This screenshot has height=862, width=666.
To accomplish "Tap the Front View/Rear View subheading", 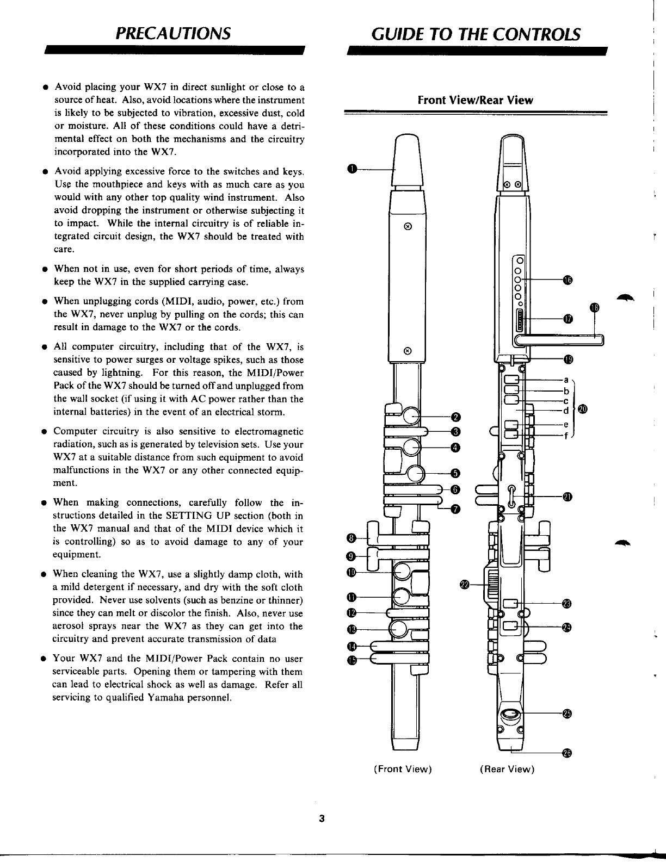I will [475, 101].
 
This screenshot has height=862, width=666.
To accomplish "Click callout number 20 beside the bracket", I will [583, 409].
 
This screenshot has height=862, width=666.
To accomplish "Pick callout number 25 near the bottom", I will [567, 714].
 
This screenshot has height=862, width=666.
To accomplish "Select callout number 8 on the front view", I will [351, 538].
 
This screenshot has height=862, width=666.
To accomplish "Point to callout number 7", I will [457, 509].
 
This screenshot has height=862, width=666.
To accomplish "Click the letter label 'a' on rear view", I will [566, 379].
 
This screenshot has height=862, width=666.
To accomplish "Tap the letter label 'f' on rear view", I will [566, 435].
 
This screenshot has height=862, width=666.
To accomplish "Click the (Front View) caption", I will [403, 769].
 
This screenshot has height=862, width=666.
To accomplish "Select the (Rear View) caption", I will [507, 769].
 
